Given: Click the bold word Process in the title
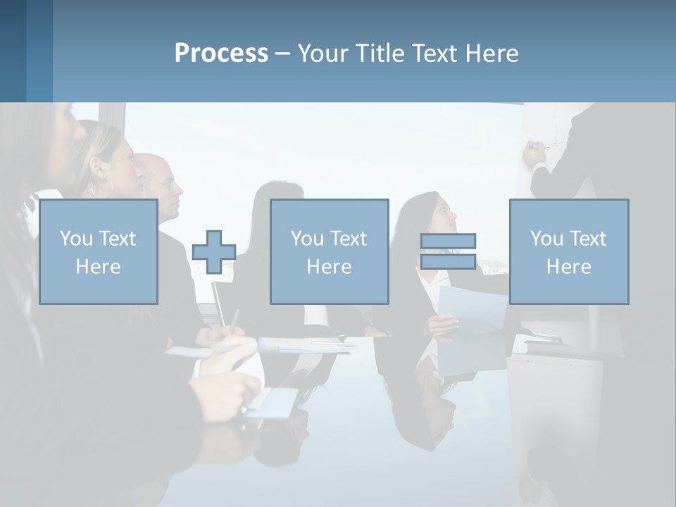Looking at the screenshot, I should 221,54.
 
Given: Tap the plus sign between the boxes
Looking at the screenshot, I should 214,252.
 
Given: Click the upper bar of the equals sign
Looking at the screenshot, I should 449,241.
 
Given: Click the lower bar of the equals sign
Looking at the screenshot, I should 449,262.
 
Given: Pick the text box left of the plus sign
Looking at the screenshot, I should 99,251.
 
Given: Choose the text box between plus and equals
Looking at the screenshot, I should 329,251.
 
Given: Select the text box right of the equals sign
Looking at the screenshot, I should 569,251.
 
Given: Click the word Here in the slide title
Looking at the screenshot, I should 491,54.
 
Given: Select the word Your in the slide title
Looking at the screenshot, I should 321,54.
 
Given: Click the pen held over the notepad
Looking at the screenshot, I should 234,320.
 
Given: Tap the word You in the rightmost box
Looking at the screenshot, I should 546,239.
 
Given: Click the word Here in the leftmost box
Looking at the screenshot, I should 99,267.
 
